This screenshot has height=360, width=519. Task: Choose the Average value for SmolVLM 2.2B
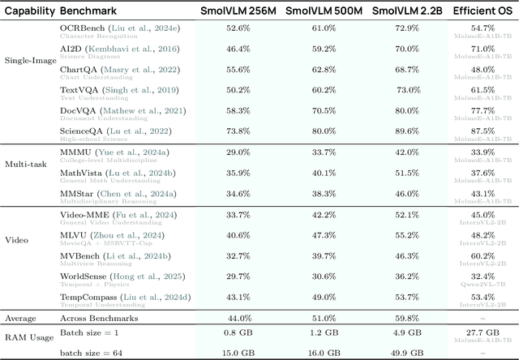[x=407, y=319]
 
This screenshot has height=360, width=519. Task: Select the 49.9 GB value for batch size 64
[x=407, y=353]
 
